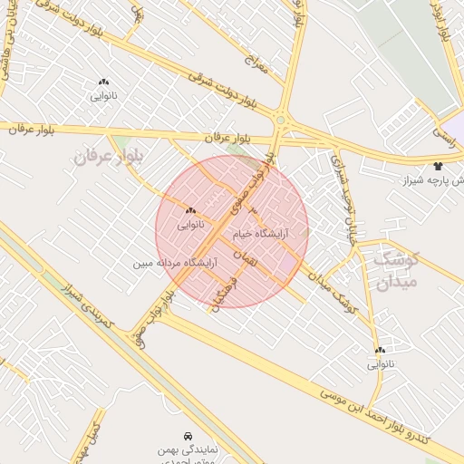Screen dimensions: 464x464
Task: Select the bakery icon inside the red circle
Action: (x=190, y=210)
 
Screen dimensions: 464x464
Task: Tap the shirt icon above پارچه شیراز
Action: (x=439, y=166)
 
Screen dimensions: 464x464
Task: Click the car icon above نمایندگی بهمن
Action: (x=188, y=436)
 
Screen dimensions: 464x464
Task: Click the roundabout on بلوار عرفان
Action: (x=280, y=120)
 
